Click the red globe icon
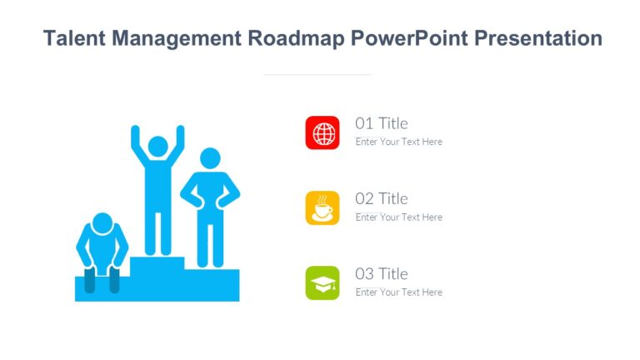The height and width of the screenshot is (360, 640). point(322,132)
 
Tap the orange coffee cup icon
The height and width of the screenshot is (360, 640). point(322,207)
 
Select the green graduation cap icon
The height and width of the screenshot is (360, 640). point(322,283)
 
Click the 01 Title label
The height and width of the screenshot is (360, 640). point(382,123)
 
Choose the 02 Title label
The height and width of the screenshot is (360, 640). point(382,198)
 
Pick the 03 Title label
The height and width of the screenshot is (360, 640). point(382,273)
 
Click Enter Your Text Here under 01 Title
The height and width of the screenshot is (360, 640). point(398,142)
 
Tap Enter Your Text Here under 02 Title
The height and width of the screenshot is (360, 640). point(398,217)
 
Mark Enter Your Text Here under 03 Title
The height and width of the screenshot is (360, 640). point(398,292)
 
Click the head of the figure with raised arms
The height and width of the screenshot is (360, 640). point(157,147)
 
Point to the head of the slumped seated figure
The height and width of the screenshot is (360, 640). point(102,223)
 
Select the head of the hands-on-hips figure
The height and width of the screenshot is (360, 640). point(210,157)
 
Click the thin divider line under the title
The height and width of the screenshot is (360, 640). point(317,74)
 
